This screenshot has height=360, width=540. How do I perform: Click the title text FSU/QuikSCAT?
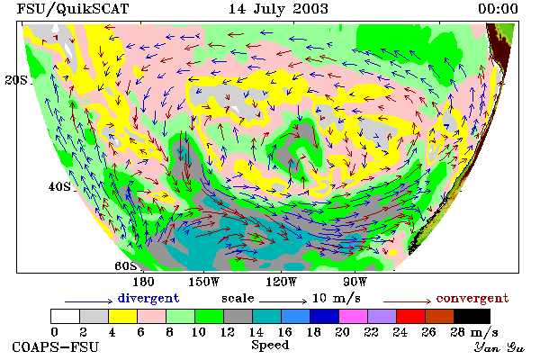point(73,9)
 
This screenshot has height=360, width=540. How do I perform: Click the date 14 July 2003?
point(278,9)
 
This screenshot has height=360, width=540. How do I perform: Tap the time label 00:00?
point(498,9)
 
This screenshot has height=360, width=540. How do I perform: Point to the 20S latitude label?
point(16,80)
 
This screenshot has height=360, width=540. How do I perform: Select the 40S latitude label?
point(59,186)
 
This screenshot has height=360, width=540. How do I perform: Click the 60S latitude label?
point(126,266)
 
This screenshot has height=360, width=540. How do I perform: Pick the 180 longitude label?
point(143,282)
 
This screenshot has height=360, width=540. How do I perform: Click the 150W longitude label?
point(204,282)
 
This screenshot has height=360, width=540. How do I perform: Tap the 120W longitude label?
point(282,282)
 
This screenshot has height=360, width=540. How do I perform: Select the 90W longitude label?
point(355,282)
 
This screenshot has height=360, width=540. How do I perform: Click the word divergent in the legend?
point(148,298)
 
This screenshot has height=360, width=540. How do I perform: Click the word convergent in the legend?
point(472,298)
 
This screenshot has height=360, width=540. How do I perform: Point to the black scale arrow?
point(283,301)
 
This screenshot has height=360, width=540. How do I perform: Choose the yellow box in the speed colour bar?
point(123,316)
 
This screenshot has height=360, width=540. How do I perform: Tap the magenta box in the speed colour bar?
point(354,316)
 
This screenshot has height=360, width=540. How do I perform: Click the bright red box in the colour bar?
point(411,316)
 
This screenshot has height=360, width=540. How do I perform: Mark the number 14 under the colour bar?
point(256,332)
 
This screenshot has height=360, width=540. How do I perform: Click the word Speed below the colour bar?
point(270,346)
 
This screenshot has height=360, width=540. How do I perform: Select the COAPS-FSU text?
point(56,346)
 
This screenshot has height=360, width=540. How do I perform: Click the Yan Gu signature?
point(499,347)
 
